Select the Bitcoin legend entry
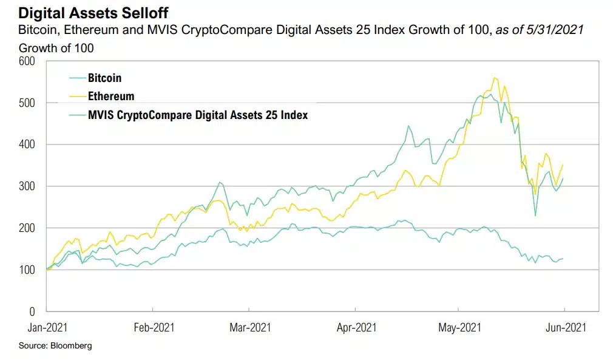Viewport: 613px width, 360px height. tap(104, 78)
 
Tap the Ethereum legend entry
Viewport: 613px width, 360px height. tap(111, 96)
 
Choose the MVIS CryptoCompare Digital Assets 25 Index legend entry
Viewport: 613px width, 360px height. tap(197, 114)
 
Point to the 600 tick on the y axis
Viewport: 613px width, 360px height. tap(27, 61)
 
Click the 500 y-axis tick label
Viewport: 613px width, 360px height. tap(27, 103)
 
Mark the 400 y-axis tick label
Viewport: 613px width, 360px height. tap(27, 144)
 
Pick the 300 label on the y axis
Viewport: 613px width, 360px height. tap(27, 186)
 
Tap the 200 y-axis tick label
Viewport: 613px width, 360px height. tap(27, 228)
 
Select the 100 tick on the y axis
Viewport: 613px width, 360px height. tap(27, 270)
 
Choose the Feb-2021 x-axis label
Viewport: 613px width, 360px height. tap(154, 328)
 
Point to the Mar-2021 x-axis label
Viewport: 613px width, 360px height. tap(250, 328)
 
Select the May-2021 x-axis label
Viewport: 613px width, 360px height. tap(459, 328)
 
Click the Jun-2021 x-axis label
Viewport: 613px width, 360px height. tap(565, 328)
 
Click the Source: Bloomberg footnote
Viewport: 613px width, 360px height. tap(55, 345)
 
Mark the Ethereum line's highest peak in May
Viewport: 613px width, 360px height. tap(495, 78)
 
